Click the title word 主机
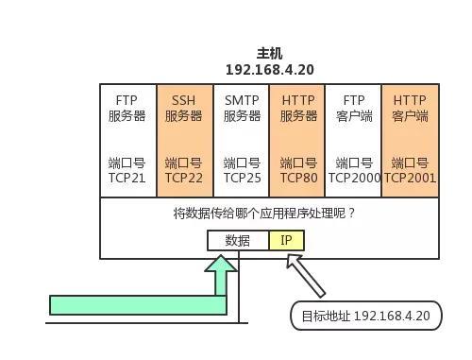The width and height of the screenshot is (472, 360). tap(269, 54)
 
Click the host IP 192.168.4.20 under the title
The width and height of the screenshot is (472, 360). tap(269, 70)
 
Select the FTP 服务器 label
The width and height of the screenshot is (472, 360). tap(127, 108)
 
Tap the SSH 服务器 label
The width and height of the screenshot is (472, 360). tap(184, 108)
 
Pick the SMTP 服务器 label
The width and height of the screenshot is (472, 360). tap(242, 108)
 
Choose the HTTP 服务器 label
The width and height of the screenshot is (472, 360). tap(297, 108)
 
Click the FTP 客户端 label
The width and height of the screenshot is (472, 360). tap(353, 108)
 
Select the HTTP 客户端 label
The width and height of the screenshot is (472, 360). tap(410, 108)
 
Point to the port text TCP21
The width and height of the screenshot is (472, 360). tap(127, 177)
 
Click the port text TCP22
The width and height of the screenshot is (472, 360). tap(184, 177)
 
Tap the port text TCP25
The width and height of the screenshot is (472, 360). tap(242, 177)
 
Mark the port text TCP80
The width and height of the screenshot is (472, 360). tap(297, 177)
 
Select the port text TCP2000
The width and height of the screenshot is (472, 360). tap(354, 177)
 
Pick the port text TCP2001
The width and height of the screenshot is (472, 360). tap(410, 177)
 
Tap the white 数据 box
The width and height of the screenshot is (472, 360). tap(238, 240)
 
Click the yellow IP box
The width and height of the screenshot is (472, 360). tap(286, 240)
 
